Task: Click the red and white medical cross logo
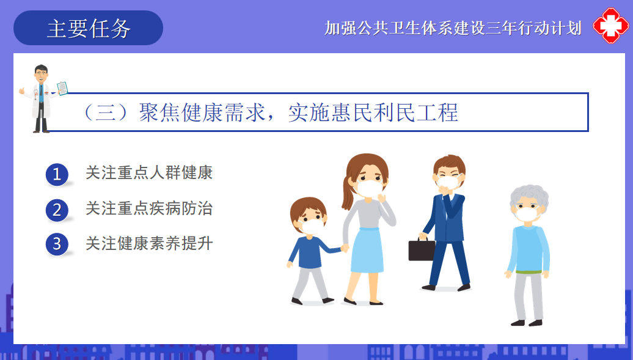click(x=611, y=26)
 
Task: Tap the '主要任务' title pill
click(x=88, y=28)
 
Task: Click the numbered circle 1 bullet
click(x=57, y=175)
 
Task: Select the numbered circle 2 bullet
click(x=57, y=210)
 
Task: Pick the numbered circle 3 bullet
click(x=57, y=244)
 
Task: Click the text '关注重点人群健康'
click(x=149, y=172)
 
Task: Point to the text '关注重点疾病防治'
click(x=149, y=208)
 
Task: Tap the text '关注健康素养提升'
click(x=149, y=243)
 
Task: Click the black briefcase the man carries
click(x=422, y=249)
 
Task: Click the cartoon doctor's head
click(x=41, y=74)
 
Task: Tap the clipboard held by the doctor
click(x=62, y=88)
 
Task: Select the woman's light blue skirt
click(x=367, y=250)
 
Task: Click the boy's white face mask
click(x=311, y=226)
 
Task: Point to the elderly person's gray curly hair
click(x=529, y=197)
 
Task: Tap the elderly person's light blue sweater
click(x=528, y=249)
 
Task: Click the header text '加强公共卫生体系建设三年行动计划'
click(x=453, y=28)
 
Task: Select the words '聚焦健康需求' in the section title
click(x=203, y=112)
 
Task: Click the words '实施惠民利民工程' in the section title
click(x=373, y=112)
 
